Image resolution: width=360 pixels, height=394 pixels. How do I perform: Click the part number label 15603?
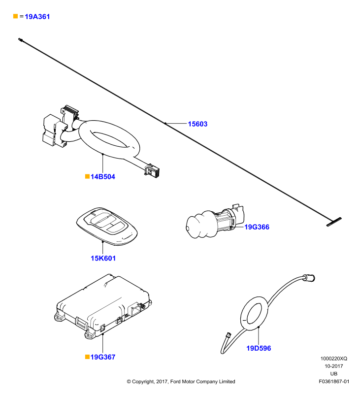click(197, 124)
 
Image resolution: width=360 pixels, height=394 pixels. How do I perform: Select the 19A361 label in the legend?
click(37, 17)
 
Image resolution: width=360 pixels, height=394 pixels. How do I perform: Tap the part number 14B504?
click(103, 177)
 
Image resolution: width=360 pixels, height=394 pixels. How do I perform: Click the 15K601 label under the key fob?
click(103, 258)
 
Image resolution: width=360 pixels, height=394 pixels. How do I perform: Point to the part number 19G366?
click(257, 227)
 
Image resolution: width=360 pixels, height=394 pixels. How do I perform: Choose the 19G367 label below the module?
click(103, 357)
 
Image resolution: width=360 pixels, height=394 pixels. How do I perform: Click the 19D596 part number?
click(259, 348)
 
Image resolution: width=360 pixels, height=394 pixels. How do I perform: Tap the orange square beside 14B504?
click(88, 176)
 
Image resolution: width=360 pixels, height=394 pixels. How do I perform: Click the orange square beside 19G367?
click(88, 357)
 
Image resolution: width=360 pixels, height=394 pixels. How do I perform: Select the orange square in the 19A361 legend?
click(16, 16)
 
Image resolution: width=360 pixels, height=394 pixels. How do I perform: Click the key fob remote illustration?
click(107, 226)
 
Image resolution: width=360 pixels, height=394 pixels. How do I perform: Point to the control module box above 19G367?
click(103, 305)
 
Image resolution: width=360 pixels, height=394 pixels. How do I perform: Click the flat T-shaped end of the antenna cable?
click(334, 222)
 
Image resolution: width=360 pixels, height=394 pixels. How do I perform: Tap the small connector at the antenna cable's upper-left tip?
click(21, 39)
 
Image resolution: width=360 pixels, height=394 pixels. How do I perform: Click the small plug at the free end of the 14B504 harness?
click(153, 170)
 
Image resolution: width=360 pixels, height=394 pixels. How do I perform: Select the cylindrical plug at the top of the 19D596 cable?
click(309, 278)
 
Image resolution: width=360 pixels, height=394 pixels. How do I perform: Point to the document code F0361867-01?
click(334, 381)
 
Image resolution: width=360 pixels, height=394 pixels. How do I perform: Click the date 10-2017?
click(333, 366)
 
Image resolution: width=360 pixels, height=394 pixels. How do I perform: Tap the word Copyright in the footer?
click(143, 382)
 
